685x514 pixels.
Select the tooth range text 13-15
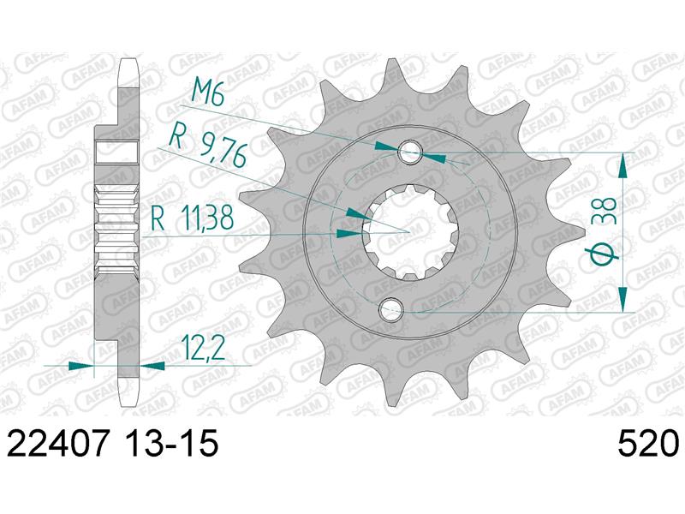tap(172, 445)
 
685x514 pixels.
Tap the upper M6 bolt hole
tap(412, 153)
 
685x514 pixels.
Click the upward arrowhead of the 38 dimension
tap(623, 164)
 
